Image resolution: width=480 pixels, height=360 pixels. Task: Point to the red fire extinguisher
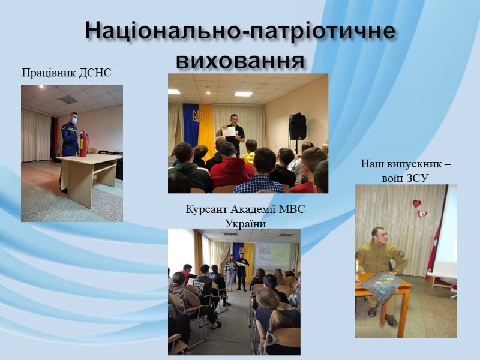pyautogui.click(x=83, y=143)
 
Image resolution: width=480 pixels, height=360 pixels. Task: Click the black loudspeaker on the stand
pyautogui.click(x=298, y=127)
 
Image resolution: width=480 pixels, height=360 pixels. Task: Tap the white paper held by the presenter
pyautogui.click(x=229, y=131)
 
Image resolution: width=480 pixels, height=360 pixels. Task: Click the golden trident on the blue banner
pyautogui.click(x=197, y=116)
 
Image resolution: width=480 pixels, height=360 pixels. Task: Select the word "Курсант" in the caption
pyautogui.click(x=206, y=209)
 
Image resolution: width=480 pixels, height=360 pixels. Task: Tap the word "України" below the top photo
pyautogui.click(x=245, y=224)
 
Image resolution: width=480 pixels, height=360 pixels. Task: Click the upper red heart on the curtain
pyautogui.click(x=416, y=203)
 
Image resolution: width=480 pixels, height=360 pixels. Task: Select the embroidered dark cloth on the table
pyautogui.click(x=380, y=284)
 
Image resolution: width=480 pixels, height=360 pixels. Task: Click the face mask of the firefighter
pyautogui.click(x=74, y=121)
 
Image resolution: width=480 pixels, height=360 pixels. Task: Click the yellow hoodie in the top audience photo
pyautogui.click(x=249, y=158)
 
